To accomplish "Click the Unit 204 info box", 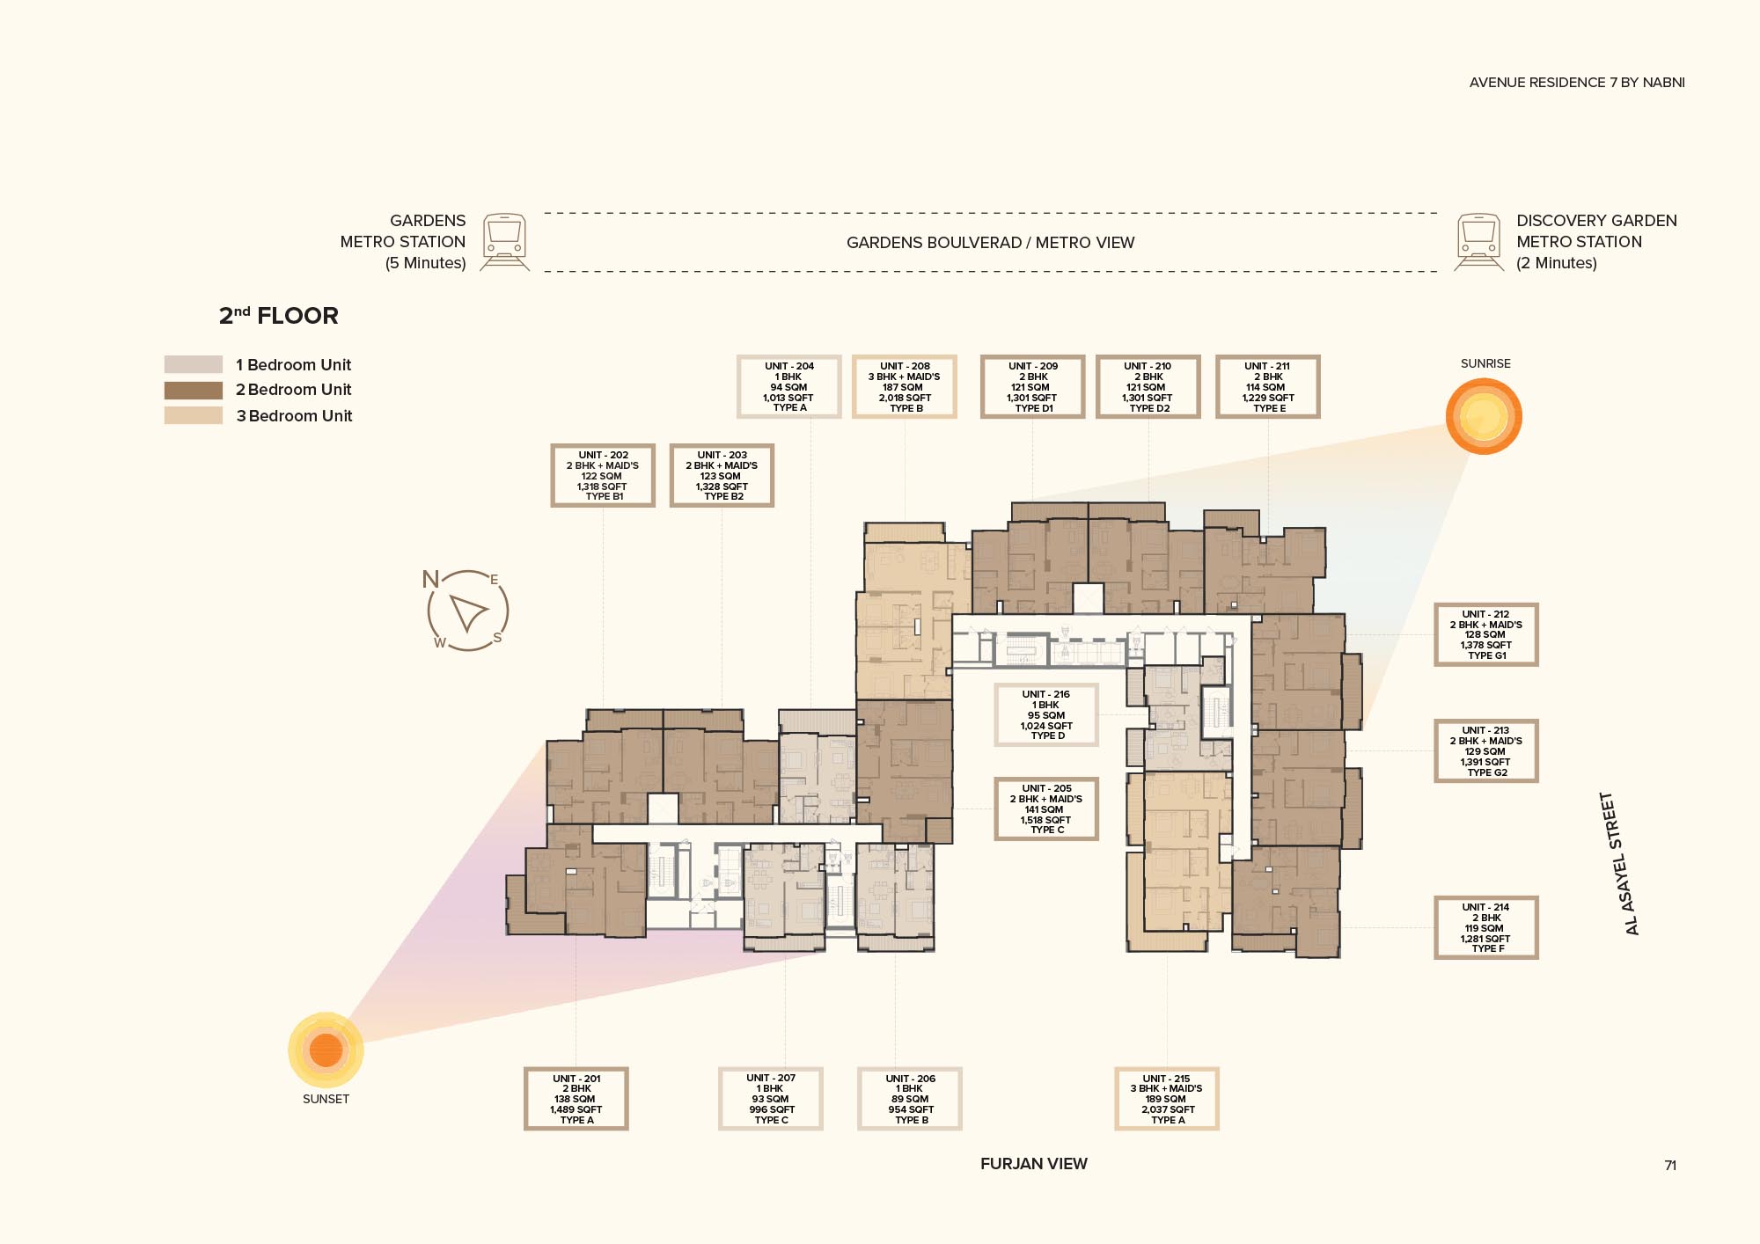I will (788, 386).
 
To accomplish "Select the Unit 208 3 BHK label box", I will (904, 386).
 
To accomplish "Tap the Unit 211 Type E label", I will (1267, 386).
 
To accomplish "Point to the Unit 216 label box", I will (1045, 714).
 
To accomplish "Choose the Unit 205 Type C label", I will (1045, 809).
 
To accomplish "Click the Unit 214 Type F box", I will (1485, 927).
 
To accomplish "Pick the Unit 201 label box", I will (576, 1098).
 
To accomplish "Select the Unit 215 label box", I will (1166, 1098).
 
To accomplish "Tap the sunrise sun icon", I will (1484, 416).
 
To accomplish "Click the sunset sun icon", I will (326, 1050).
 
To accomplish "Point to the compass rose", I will (467, 611).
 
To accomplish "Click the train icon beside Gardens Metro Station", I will (505, 242).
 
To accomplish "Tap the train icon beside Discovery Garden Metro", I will (1478, 242).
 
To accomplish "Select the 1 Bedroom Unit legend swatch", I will (193, 364).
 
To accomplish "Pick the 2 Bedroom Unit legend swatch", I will (193, 390).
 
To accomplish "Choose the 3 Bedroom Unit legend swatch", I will (193, 415).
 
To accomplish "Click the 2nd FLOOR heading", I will (278, 316).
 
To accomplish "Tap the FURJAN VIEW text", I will (1033, 1163).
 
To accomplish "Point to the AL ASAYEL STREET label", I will (1619, 863).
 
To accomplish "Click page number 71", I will (1669, 1165).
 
